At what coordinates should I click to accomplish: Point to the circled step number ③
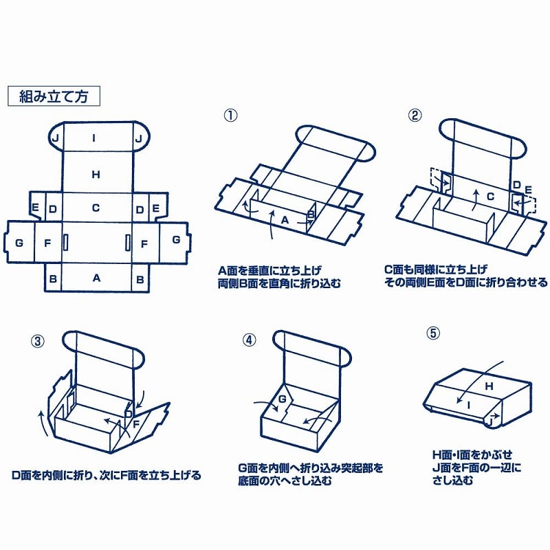click(x=38, y=340)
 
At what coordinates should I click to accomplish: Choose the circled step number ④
click(x=250, y=339)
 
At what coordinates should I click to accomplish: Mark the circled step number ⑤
click(x=432, y=333)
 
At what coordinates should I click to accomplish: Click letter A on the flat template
click(x=96, y=278)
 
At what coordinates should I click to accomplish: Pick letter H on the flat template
click(x=96, y=175)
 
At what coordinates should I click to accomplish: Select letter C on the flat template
click(x=96, y=208)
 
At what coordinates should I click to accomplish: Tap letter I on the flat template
click(x=95, y=138)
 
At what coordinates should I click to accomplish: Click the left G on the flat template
click(x=19, y=242)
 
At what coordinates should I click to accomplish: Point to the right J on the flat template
click(x=139, y=138)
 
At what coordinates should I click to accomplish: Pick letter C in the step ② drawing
click(x=491, y=197)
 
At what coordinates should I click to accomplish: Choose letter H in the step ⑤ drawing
click(x=489, y=386)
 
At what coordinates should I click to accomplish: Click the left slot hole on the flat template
click(x=66, y=242)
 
